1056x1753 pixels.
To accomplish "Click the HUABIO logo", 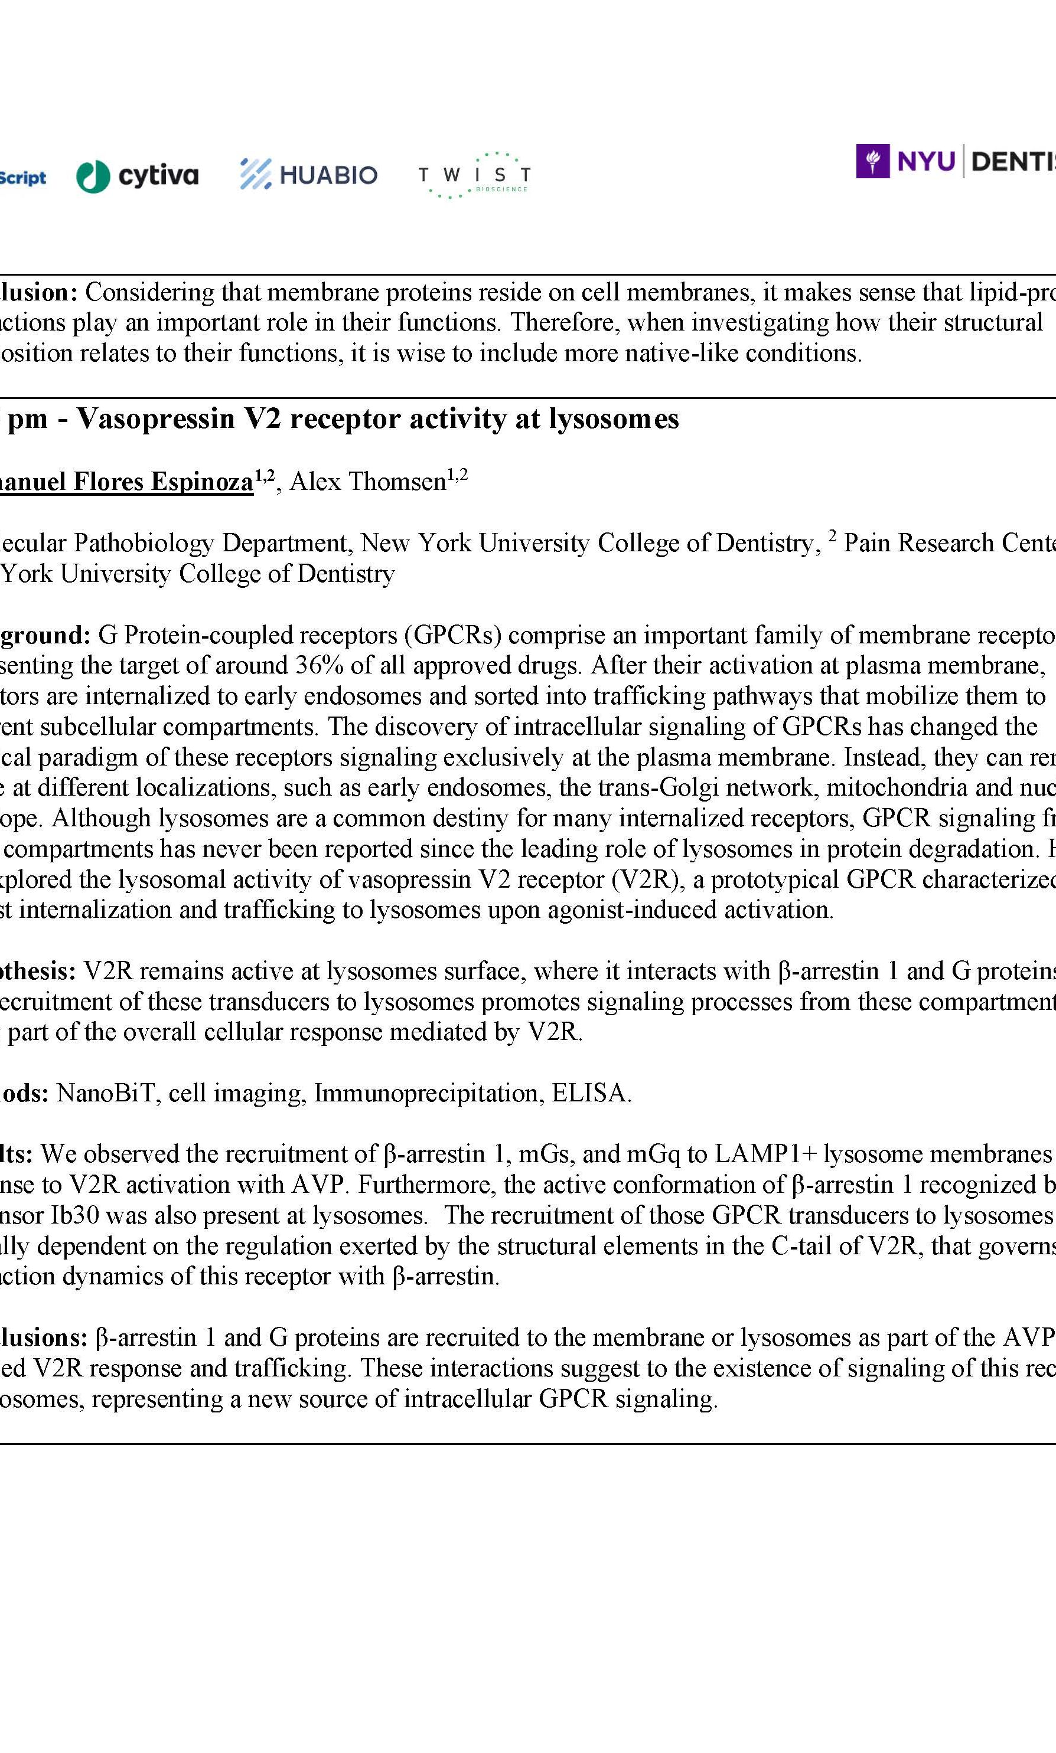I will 308,174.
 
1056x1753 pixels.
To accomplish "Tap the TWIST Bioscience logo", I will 474,175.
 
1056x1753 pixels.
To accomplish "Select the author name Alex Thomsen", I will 368,482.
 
